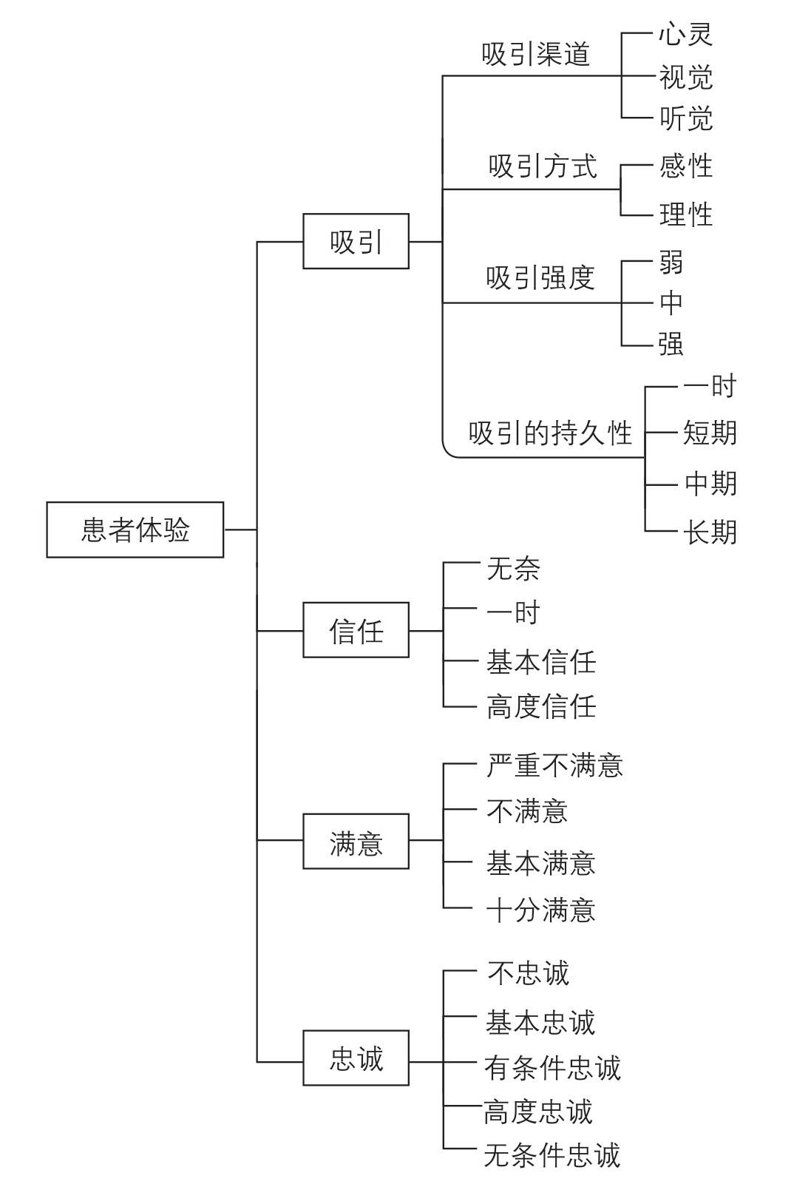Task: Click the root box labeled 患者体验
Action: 135,530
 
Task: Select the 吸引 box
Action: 356,242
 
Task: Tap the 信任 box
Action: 356,631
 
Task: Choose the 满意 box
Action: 356,842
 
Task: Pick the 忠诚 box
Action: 356,1058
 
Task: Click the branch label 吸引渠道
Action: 536,54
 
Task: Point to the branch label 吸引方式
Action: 543,166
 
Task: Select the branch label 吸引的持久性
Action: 551,433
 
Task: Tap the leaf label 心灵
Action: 686,34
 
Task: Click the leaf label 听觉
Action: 686,118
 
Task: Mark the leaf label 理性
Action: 686,214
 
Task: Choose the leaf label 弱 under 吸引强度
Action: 671,263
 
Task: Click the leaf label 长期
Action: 710,532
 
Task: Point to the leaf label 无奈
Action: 513,569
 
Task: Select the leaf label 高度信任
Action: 541,706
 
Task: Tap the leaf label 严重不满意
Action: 554,765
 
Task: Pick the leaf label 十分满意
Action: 541,910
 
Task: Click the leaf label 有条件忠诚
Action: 552,1067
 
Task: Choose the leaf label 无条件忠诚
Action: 552,1154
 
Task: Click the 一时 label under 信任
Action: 513,612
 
